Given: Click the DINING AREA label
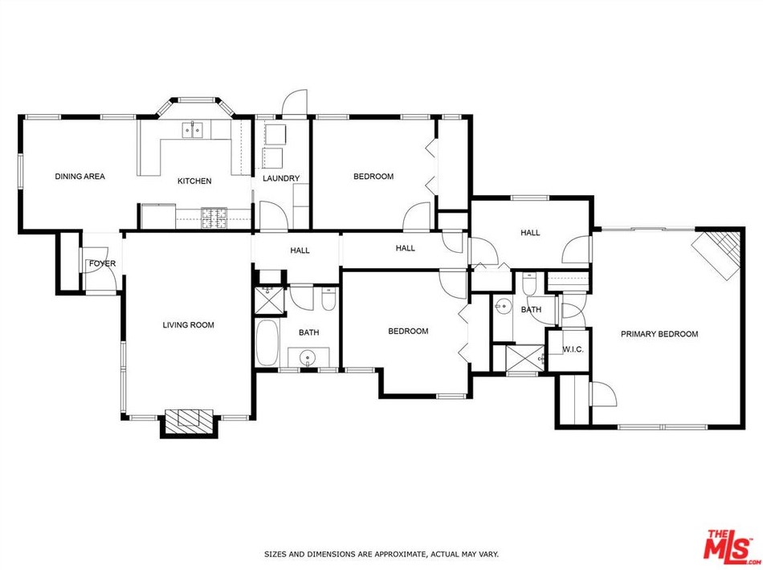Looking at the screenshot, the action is point(80,177).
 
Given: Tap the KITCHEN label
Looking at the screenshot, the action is point(194,181).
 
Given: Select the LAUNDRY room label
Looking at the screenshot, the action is point(281,178).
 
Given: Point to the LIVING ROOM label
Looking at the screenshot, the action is point(188,325).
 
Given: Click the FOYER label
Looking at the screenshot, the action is point(102,263).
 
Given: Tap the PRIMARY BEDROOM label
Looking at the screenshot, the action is point(659,334).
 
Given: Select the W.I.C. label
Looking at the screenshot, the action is point(573,349).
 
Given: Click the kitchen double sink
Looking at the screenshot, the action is point(193,130).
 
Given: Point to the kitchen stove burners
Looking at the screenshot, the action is point(214,218).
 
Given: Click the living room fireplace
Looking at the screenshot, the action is point(189,423).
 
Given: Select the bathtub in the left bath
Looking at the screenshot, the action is point(267,343).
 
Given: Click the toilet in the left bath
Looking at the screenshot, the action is point(329,299).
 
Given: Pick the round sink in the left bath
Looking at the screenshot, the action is point(308,358).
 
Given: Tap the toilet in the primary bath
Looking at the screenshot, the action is point(529,283).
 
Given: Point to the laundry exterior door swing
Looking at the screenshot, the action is point(295,102).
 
